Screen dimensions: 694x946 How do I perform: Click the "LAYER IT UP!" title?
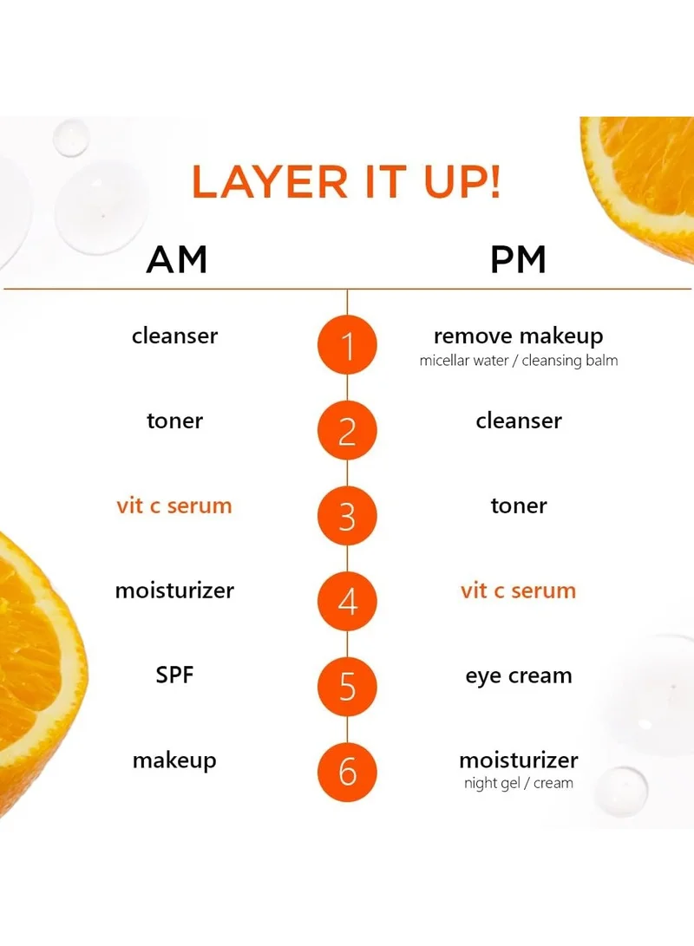tap(346, 181)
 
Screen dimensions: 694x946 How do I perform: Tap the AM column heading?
tap(177, 259)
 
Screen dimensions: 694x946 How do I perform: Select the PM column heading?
tap(518, 259)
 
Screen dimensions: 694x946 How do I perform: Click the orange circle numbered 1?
tap(347, 345)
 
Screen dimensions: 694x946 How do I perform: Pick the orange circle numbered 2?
tap(347, 430)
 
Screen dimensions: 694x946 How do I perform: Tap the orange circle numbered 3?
tap(347, 516)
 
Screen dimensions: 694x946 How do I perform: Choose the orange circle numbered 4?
tap(347, 601)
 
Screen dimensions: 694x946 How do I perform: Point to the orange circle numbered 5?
tap(347, 687)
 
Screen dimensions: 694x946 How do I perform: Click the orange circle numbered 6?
tap(347, 772)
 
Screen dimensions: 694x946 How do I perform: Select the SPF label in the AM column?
tap(174, 675)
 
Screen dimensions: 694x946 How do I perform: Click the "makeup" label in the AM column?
tap(174, 760)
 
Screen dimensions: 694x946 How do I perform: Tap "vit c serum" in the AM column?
tap(174, 506)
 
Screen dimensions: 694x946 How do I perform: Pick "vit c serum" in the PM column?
tap(519, 590)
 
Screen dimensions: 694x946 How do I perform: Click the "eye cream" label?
tap(519, 676)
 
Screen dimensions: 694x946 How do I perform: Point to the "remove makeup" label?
tap(519, 336)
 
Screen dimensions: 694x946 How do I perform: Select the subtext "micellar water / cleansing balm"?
tap(519, 361)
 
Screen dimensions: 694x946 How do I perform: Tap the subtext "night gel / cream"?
tap(519, 783)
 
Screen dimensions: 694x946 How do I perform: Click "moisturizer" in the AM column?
tap(174, 590)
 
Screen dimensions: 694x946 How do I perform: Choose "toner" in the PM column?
tap(519, 506)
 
